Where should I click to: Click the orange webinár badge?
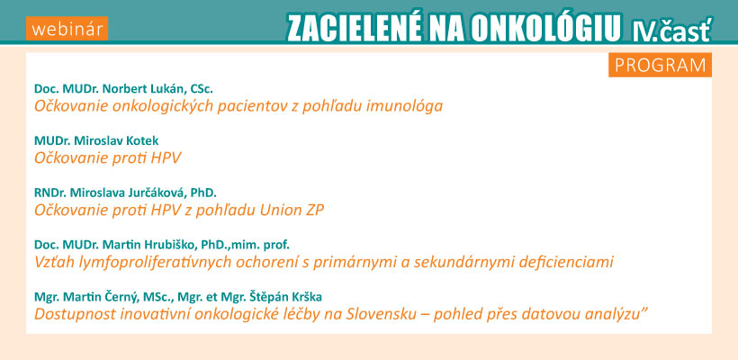(x=67, y=29)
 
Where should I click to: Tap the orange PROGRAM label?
(x=660, y=66)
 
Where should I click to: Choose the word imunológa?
(x=403, y=106)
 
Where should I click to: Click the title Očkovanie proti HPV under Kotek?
(x=107, y=158)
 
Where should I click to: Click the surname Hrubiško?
(x=171, y=245)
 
